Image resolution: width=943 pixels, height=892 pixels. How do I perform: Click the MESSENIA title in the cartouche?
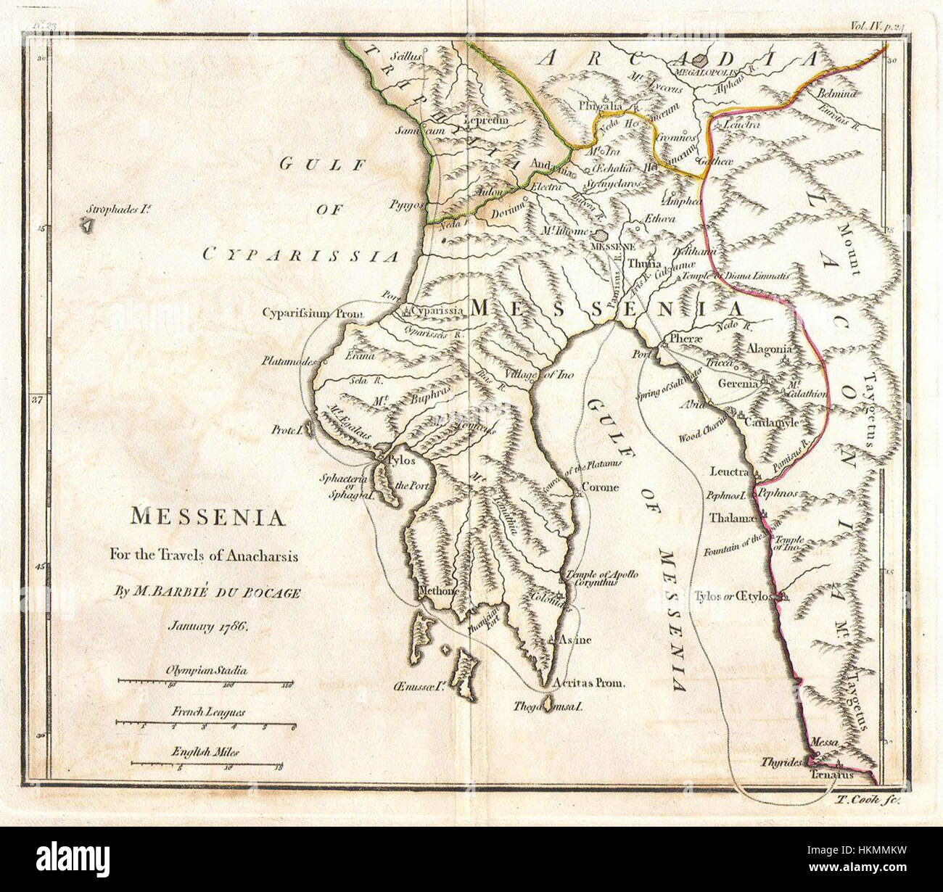click(x=207, y=517)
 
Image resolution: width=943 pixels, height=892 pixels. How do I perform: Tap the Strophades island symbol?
click(x=87, y=226)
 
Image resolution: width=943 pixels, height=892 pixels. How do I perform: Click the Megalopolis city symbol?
click(x=701, y=62)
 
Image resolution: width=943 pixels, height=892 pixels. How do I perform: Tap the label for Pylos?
click(x=402, y=461)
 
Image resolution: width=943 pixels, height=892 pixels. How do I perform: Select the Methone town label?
click(x=438, y=591)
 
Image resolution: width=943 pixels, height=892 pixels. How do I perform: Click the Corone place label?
click(x=601, y=487)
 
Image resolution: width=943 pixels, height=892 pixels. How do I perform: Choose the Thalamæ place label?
click(x=733, y=519)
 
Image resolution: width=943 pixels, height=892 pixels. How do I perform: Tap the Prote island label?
click(x=287, y=429)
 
